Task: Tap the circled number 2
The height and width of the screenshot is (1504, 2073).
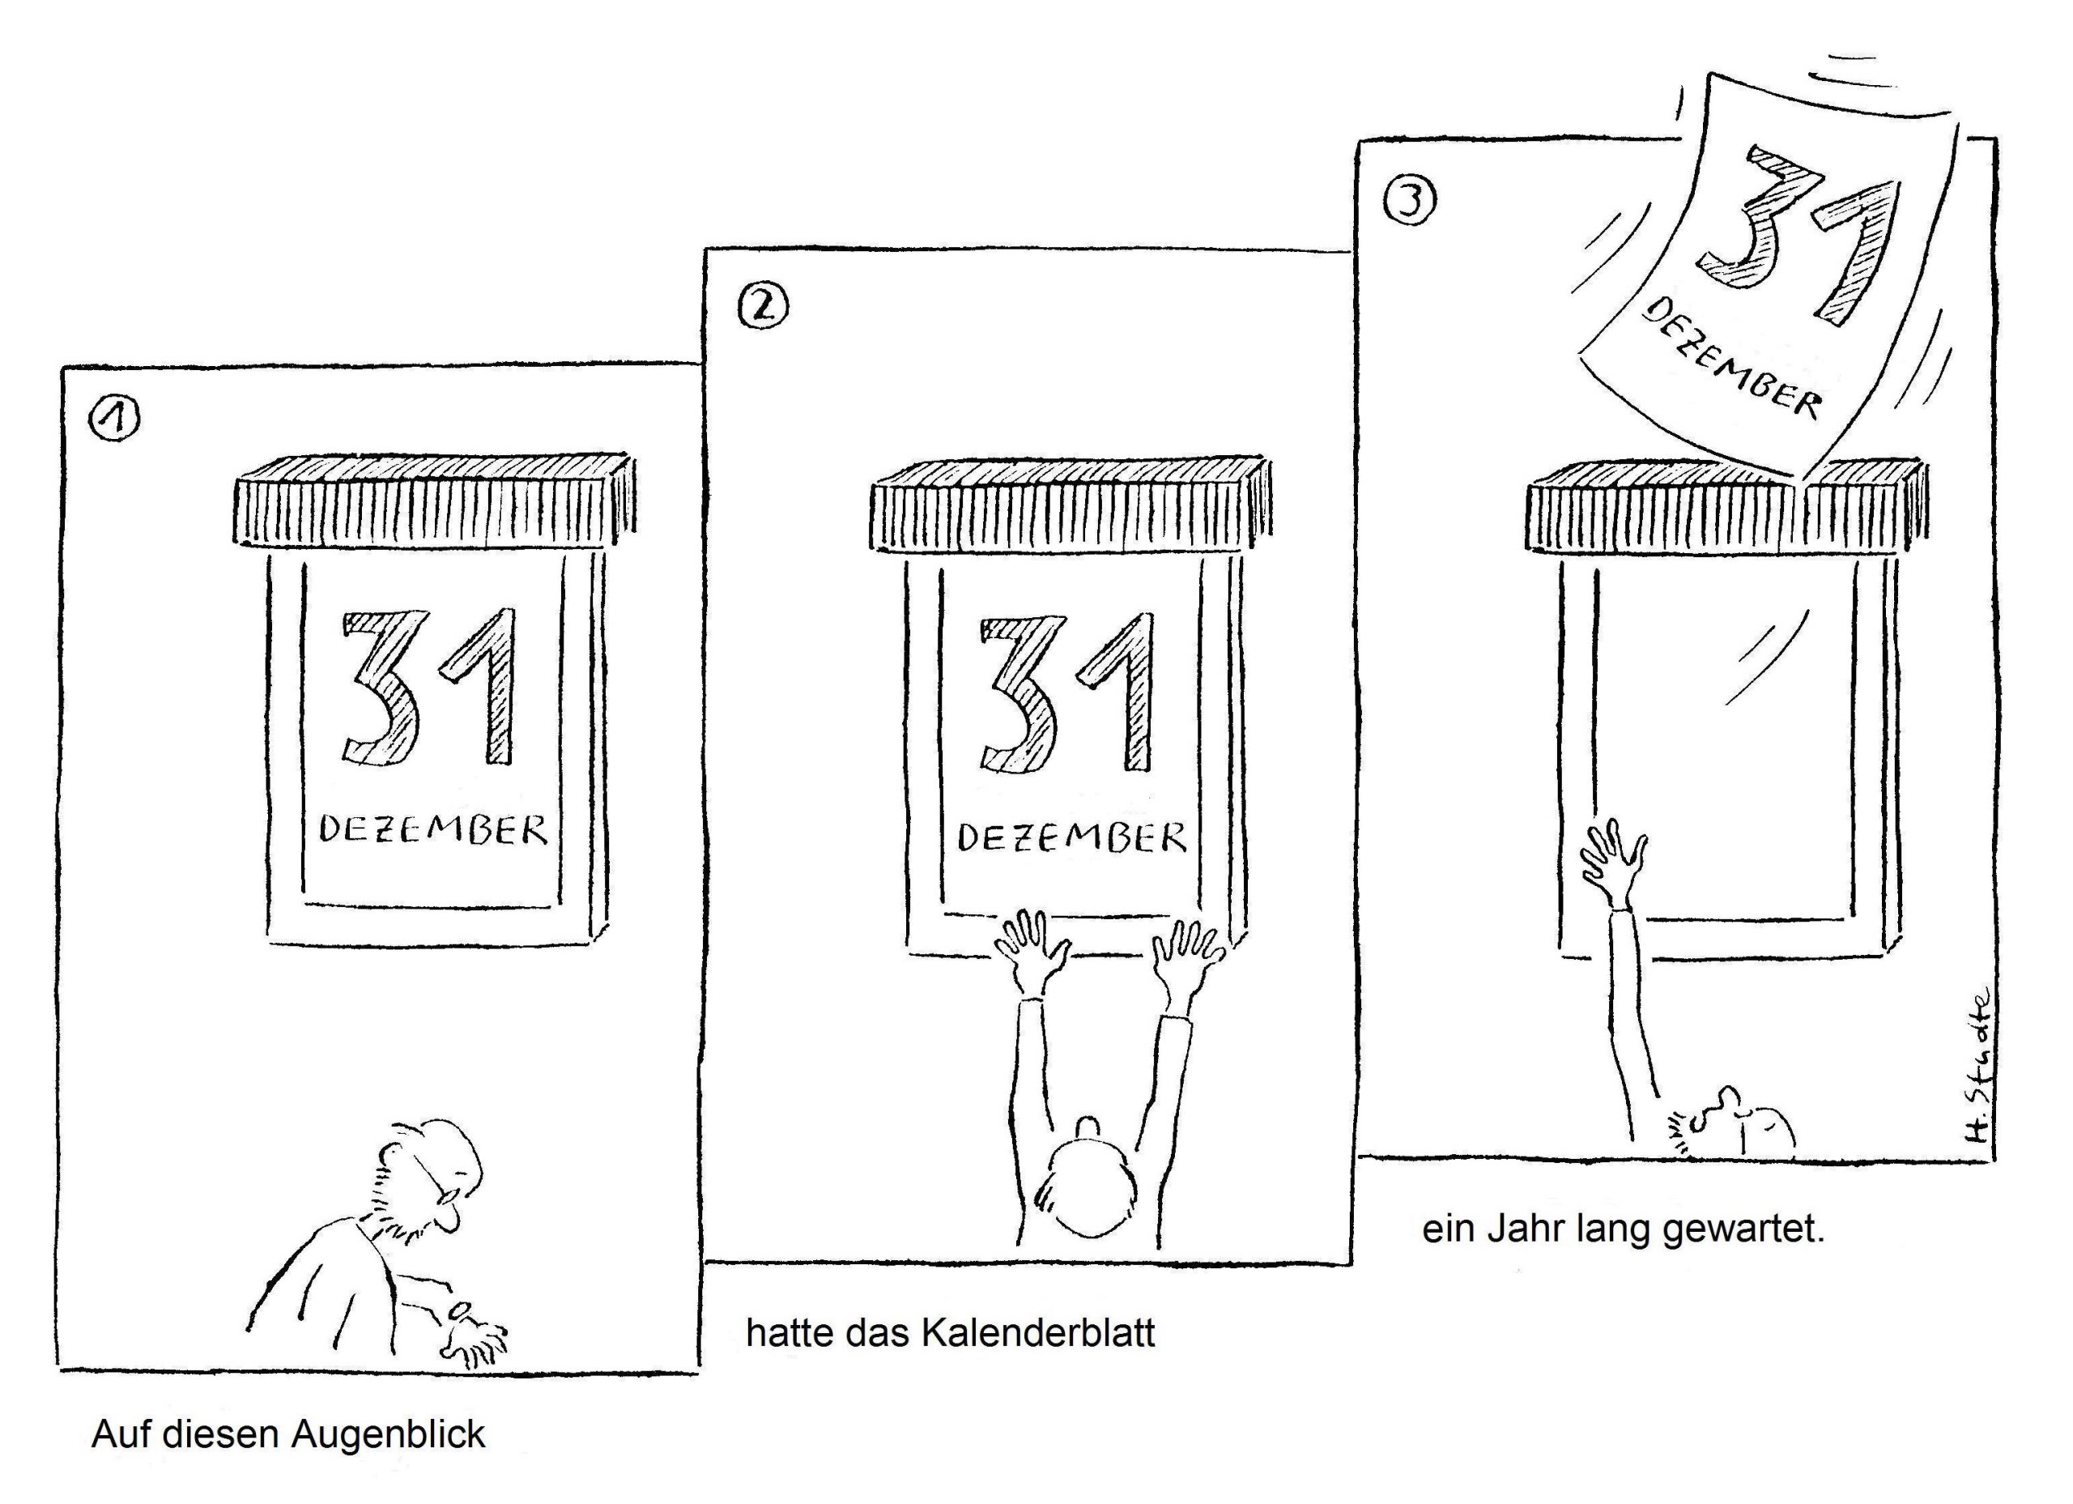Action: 761,307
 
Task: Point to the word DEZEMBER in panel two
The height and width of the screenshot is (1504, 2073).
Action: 1071,837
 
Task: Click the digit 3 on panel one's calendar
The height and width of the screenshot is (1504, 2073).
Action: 381,689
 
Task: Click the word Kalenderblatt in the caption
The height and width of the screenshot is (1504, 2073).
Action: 1037,1332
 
